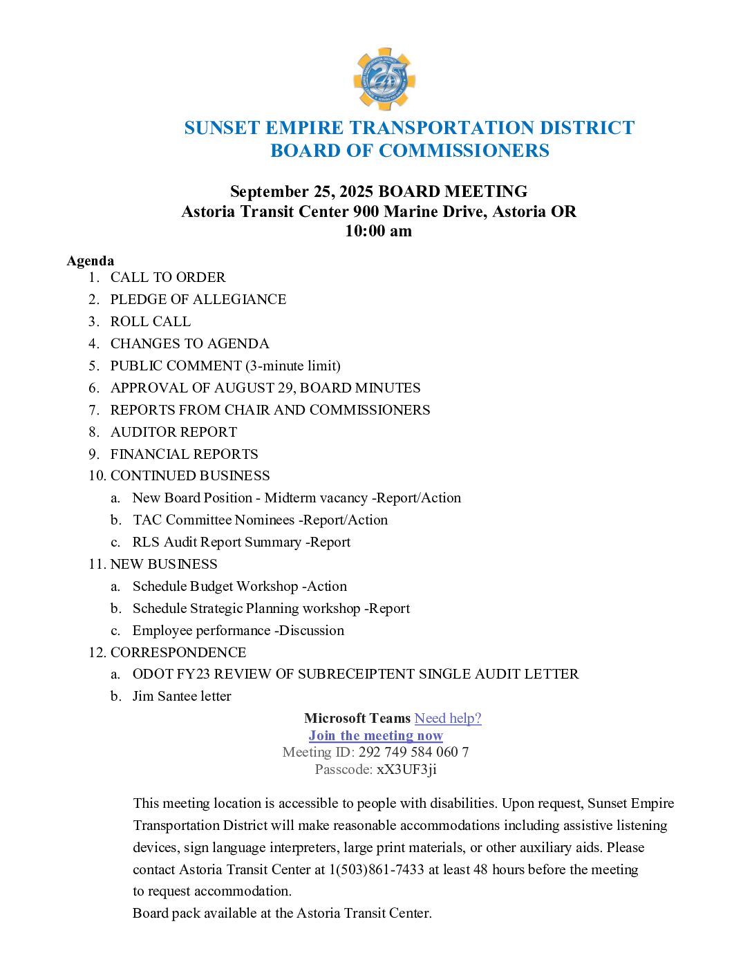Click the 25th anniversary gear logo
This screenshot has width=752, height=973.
point(384,79)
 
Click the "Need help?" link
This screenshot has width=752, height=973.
point(448,719)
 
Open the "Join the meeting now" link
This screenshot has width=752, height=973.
point(376,736)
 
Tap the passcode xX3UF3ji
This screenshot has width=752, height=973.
point(406,770)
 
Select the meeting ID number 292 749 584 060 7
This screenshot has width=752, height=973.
point(413,753)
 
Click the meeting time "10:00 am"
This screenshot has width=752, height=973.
point(378,232)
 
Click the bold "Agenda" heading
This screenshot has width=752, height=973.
point(91,261)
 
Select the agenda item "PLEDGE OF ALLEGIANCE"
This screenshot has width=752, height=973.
point(198,299)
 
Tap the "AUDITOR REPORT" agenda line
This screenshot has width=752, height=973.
point(173,432)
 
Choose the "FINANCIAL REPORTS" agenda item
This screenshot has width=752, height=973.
point(184,454)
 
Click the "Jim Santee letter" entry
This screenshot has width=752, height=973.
point(182,697)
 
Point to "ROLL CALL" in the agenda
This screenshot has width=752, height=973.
point(150,321)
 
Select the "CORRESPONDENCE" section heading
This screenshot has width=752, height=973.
point(178,652)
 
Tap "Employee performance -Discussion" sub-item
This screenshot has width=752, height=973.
point(238,630)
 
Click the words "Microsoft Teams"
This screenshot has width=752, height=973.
point(357,719)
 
